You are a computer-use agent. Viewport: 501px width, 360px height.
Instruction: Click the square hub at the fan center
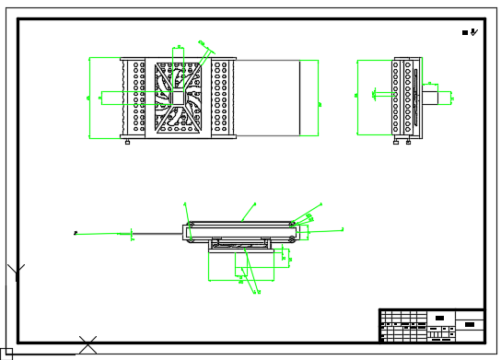(x=179, y=97)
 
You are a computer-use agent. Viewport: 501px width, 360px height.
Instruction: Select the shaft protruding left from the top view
(x=110, y=97)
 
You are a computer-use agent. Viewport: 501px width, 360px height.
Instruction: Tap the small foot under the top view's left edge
(x=127, y=140)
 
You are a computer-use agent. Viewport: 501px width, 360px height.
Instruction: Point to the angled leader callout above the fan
(x=205, y=45)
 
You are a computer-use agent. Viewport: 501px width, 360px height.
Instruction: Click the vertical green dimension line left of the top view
(x=89, y=98)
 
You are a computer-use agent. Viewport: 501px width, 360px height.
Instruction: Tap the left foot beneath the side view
(x=396, y=141)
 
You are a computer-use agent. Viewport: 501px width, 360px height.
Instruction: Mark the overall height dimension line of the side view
(x=357, y=97)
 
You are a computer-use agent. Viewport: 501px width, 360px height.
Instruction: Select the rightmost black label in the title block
(x=470, y=324)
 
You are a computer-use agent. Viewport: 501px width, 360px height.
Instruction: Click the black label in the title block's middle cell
(x=439, y=319)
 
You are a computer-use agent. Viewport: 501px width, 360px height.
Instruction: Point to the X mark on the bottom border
(x=87, y=345)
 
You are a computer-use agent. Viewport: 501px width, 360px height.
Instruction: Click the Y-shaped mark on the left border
(x=16, y=272)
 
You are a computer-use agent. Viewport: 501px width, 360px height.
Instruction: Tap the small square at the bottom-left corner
(x=6, y=354)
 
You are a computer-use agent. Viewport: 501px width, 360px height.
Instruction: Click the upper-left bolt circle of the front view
(x=191, y=224)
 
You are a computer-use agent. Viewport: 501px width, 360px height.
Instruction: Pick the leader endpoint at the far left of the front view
(x=76, y=233)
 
